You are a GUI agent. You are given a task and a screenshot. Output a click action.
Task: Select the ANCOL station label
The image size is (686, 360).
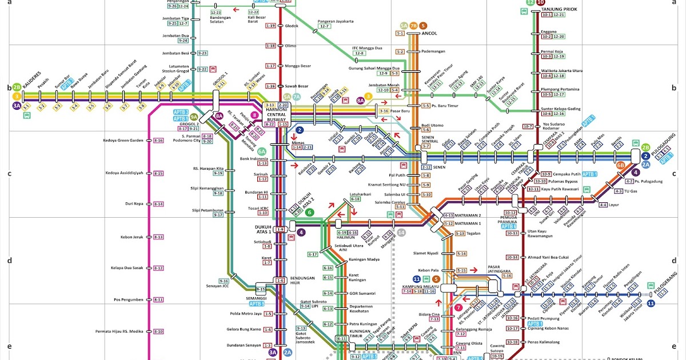(x=429, y=34)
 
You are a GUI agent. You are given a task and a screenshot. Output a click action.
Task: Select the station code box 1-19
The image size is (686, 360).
(x=270, y=26)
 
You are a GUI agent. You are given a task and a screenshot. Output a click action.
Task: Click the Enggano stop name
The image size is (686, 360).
(x=549, y=31)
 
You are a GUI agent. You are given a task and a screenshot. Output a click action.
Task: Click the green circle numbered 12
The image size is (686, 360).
(x=530, y=2)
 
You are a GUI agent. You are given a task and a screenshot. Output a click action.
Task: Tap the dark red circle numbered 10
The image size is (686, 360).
(x=540, y=2)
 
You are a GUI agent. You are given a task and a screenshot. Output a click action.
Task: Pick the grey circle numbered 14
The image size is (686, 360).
(x=401, y=233)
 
